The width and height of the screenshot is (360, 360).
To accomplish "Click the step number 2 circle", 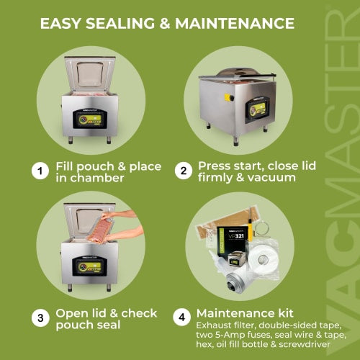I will coord(184,171).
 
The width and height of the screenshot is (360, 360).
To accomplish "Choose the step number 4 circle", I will coord(184,318).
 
